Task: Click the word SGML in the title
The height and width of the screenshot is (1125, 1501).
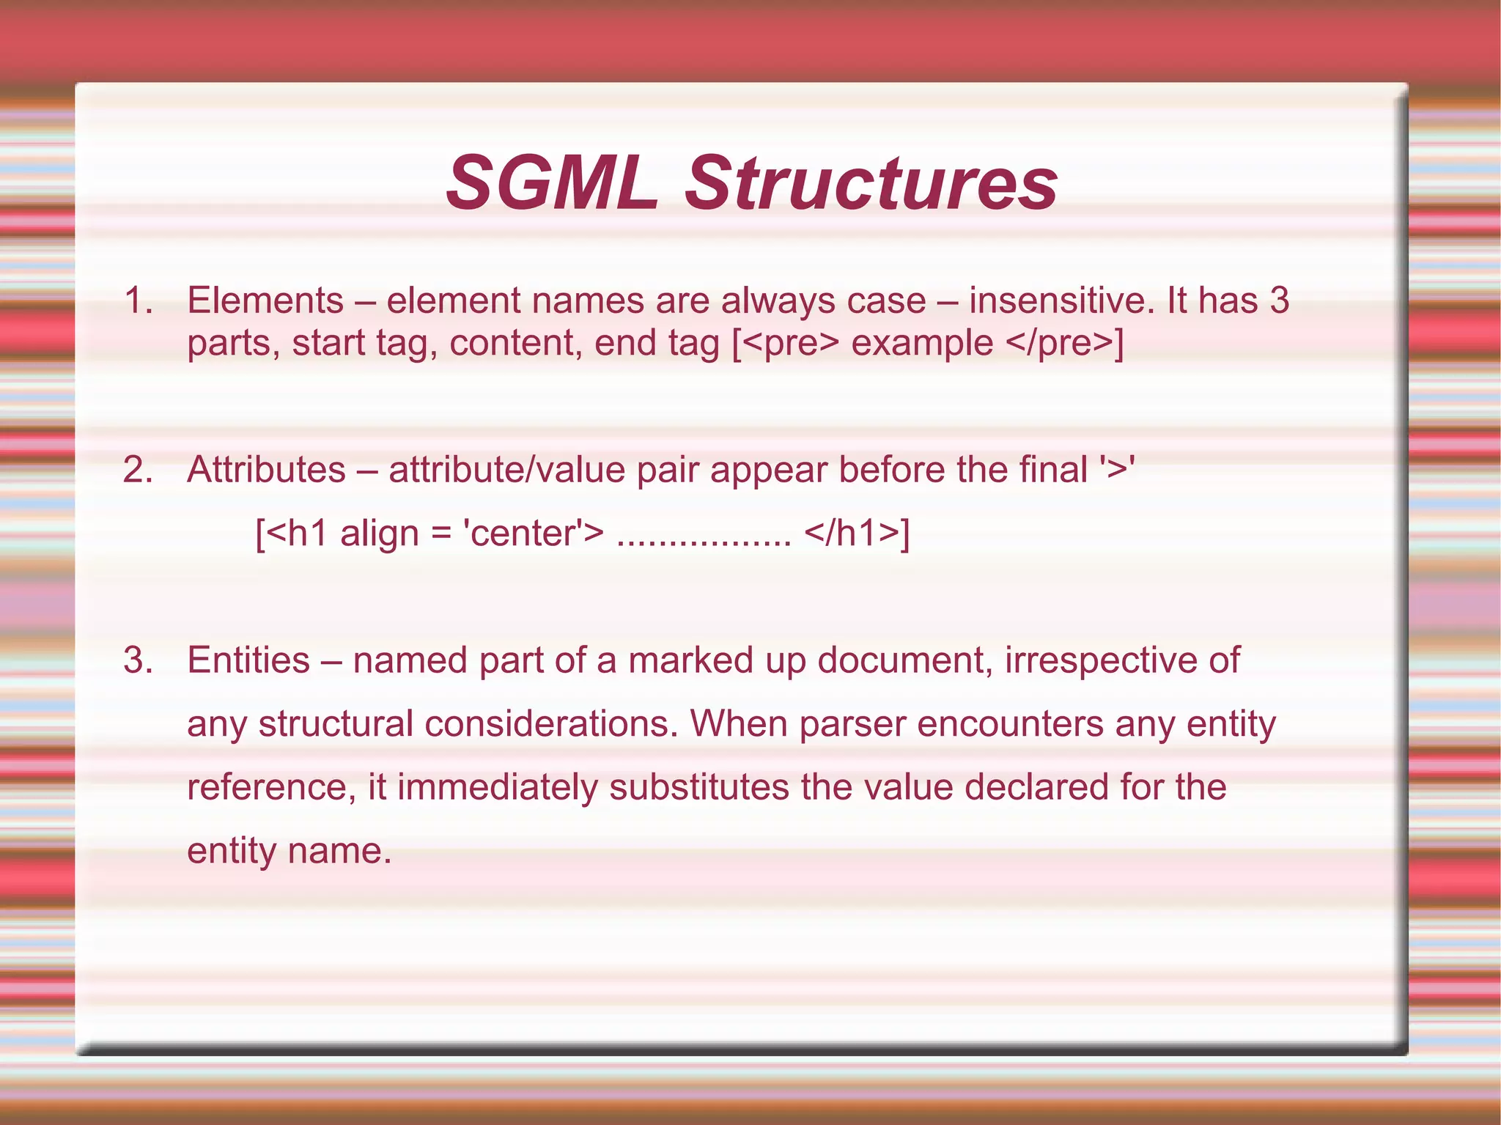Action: click(x=551, y=182)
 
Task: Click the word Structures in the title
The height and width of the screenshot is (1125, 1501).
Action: click(x=871, y=182)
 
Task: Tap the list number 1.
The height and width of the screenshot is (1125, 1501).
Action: click(x=137, y=300)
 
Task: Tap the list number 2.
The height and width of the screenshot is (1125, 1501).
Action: click(x=137, y=470)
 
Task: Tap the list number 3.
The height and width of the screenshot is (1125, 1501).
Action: click(x=137, y=660)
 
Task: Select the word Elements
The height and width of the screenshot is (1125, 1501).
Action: click(x=265, y=300)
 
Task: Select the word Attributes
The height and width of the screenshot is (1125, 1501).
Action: click(x=266, y=470)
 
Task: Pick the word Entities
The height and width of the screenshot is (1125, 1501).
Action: click(x=248, y=660)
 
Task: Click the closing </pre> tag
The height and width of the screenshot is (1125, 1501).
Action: click(x=1060, y=343)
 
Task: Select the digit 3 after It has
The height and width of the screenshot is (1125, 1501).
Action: click(x=1279, y=300)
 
